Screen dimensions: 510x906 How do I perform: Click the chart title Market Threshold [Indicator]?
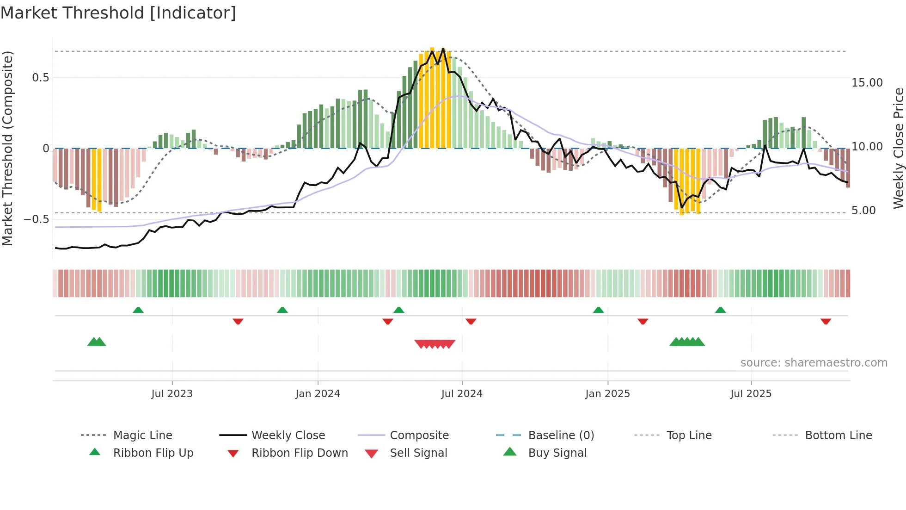click(x=118, y=13)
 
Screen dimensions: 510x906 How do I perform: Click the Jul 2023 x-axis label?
click(x=171, y=394)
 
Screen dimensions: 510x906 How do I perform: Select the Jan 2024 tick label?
click(x=318, y=394)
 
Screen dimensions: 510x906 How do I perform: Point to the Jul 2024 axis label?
click(x=462, y=394)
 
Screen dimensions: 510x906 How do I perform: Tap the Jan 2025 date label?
click(x=607, y=394)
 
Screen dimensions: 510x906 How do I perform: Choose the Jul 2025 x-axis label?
click(x=751, y=394)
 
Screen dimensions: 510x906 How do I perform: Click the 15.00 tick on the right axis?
click(x=867, y=83)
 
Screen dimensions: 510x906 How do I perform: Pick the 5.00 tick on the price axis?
click(x=863, y=211)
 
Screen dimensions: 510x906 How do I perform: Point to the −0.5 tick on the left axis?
click(x=36, y=219)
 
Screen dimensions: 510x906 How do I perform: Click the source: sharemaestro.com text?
click(x=814, y=363)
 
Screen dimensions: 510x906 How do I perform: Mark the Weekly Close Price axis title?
click(x=898, y=148)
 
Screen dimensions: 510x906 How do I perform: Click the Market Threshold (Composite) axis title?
click(x=7, y=148)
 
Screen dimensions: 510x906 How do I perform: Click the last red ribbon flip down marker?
click(x=826, y=321)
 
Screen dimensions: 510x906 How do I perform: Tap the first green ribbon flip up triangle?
click(x=138, y=310)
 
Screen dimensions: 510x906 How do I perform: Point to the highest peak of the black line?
click(x=443, y=49)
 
